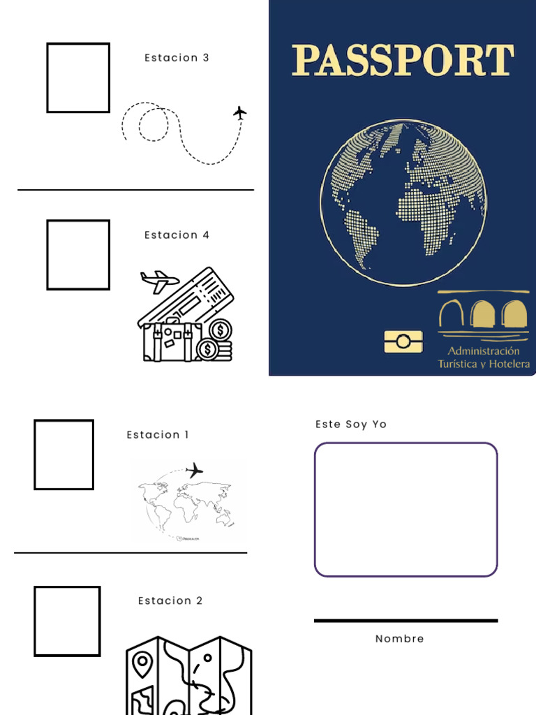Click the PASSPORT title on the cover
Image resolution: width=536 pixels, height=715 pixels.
tap(403, 60)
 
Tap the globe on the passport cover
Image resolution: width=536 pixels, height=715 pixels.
tap(403, 202)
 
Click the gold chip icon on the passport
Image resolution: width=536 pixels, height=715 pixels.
tap(403, 341)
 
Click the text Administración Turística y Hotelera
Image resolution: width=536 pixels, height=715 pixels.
tap(483, 357)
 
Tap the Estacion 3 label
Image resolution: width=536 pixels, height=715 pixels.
tap(177, 58)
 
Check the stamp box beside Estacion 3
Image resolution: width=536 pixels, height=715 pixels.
tap(78, 78)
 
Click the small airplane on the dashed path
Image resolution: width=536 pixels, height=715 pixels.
tap(240, 112)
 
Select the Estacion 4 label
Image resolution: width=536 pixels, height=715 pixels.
tap(177, 235)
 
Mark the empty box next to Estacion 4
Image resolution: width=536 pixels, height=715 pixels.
tap(78, 255)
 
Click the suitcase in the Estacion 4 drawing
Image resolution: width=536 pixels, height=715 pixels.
tap(171, 341)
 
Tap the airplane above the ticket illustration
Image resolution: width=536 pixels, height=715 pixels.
tap(159, 281)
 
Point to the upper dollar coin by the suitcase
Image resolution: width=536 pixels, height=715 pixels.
tap(221, 329)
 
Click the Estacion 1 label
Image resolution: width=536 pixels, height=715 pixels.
tap(158, 435)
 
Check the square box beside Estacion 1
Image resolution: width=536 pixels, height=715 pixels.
tap(64, 455)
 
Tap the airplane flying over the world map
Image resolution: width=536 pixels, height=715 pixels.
tap(194, 470)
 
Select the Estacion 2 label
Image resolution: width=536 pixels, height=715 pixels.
tap(170, 601)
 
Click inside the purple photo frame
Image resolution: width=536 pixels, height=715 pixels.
tap(405, 510)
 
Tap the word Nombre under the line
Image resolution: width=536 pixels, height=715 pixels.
tap(399, 639)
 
